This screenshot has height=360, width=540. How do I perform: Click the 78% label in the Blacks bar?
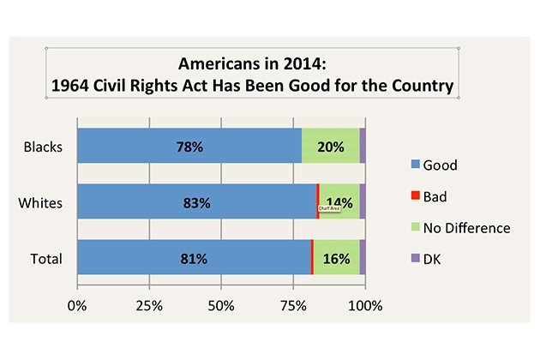(189, 147)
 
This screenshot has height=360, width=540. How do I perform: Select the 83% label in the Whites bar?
(196, 202)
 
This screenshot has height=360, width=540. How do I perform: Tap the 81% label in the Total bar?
(193, 258)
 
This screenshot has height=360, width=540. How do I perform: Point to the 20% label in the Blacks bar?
(330, 147)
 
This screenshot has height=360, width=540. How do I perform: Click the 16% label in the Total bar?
(335, 258)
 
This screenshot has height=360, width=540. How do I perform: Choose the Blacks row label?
(42, 146)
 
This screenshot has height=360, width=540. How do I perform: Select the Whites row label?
(41, 202)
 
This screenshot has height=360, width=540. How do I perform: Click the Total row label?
(45, 258)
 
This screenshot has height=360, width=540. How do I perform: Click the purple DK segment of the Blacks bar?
(363, 146)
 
